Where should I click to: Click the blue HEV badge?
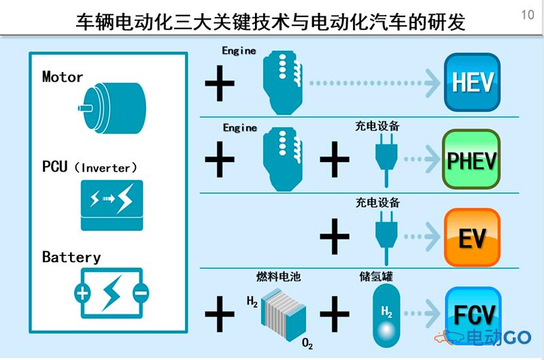tap(472, 82)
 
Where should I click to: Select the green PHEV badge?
tap(471, 159)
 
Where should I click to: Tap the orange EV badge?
tap(472, 237)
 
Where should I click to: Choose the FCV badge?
tap(473, 314)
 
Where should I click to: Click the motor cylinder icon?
tap(113, 108)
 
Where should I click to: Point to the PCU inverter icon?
tap(112, 205)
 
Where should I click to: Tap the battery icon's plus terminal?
tap(82, 293)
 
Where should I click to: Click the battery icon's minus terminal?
tap(141, 293)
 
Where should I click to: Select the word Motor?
tap(63, 77)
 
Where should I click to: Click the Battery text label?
tap(71, 257)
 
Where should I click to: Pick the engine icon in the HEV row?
tap(282, 82)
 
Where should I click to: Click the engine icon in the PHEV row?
tap(282, 159)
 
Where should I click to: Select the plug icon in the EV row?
tap(386, 238)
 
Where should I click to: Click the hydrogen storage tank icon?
tap(386, 316)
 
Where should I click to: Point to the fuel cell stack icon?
tap(284, 314)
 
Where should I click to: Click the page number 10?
tap(528, 14)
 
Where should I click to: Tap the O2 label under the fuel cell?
tap(307, 344)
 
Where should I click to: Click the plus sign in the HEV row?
tap(220, 83)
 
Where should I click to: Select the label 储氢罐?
tap(377, 276)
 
